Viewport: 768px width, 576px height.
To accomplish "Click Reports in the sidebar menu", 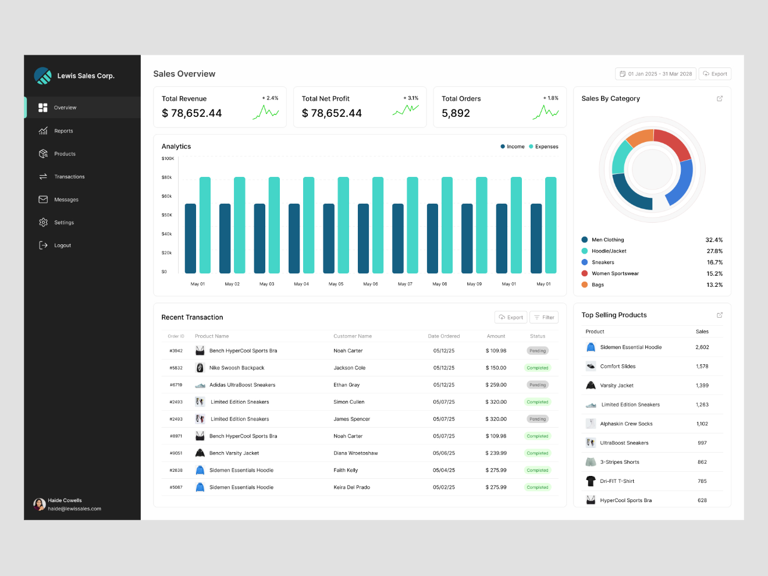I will coord(63,131).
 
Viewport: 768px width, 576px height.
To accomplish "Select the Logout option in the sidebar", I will coord(62,246).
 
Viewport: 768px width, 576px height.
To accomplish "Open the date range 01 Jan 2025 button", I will coord(656,74).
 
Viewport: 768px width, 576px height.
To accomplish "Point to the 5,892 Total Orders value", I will coord(456,113).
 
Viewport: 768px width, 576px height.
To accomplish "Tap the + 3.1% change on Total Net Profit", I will coord(411,98).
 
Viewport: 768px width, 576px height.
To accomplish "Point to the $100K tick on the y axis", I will coord(168,158).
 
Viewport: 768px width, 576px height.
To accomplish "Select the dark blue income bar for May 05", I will coord(329,238).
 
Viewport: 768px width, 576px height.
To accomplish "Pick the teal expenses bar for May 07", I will coord(413,225).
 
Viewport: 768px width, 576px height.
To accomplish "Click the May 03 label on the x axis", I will coord(266,284).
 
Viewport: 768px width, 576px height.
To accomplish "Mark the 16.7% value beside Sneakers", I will coord(714,262).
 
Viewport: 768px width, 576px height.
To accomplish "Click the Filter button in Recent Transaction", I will coord(544,317).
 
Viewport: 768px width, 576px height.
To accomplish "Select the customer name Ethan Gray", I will coord(347,385).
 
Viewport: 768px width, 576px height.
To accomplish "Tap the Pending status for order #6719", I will coord(538,385).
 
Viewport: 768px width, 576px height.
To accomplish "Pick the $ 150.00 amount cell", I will coord(496,368).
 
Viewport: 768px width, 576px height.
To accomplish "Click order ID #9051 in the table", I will coord(176,453).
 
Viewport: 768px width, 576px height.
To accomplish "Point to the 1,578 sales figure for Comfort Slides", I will coord(702,367).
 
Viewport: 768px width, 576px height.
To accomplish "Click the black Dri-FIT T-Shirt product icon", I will coord(591,481).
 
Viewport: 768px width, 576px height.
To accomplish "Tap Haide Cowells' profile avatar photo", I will coord(40,504).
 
